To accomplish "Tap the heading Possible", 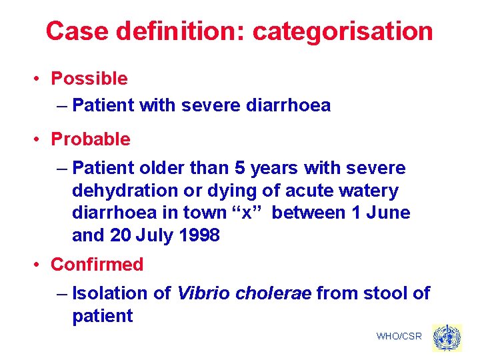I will pyautogui.click(x=89, y=79).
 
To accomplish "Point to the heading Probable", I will pyautogui.click(x=91, y=139).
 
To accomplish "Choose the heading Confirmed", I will pyautogui.click(x=97, y=265).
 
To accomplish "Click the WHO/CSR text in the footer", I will pyautogui.click(x=399, y=336).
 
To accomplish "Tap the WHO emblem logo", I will pyautogui.click(x=447, y=338).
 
